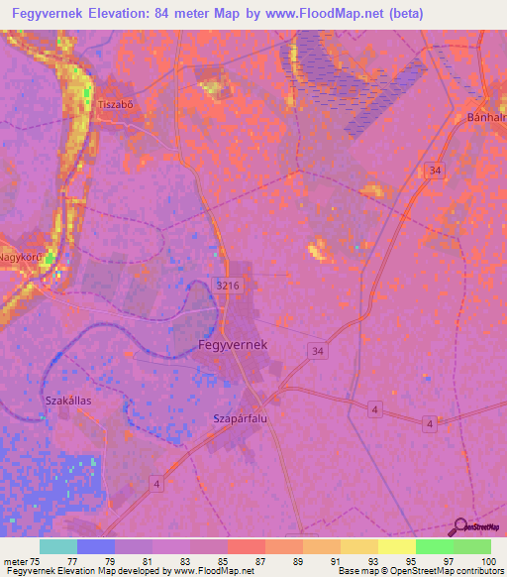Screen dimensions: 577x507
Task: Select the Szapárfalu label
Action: click(241, 418)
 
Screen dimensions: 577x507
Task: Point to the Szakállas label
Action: click(68, 400)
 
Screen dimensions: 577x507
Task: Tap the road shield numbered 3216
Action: click(227, 286)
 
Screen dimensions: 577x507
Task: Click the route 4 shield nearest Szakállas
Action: click(156, 483)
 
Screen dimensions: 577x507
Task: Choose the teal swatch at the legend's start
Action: click(57, 546)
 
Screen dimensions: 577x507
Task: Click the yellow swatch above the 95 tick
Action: click(396, 546)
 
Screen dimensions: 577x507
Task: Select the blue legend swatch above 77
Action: click(95, 546)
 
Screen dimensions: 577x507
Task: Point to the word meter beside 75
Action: click(18, 560)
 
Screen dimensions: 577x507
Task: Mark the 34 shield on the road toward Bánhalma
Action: click(437, 171)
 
